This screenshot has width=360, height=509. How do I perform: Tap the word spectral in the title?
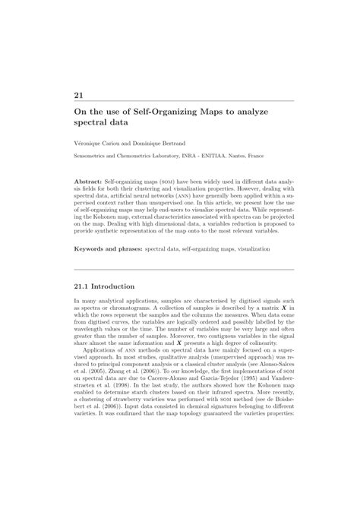pos(91,121)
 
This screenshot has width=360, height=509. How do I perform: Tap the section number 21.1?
pos(83,286)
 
